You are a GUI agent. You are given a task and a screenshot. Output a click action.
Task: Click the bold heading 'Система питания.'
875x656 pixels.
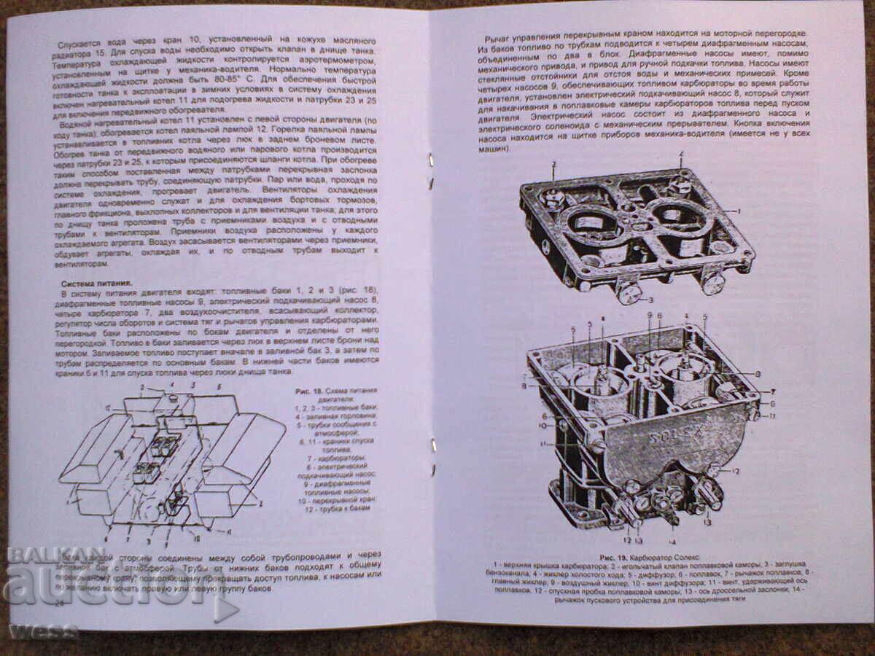point(96,284)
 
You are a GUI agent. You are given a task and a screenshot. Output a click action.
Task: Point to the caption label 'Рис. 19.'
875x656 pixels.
point(615,558)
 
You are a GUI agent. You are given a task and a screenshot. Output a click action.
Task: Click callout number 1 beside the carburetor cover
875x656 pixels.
point(739,211)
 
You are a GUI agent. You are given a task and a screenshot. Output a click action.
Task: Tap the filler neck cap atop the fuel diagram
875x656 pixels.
point(172,398)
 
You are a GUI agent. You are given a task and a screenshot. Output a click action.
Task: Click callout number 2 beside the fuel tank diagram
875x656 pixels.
point(260,504)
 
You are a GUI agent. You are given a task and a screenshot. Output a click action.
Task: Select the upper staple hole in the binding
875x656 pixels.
point(431,159)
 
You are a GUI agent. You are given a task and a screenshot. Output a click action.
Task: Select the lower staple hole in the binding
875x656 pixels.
point(434,445)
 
